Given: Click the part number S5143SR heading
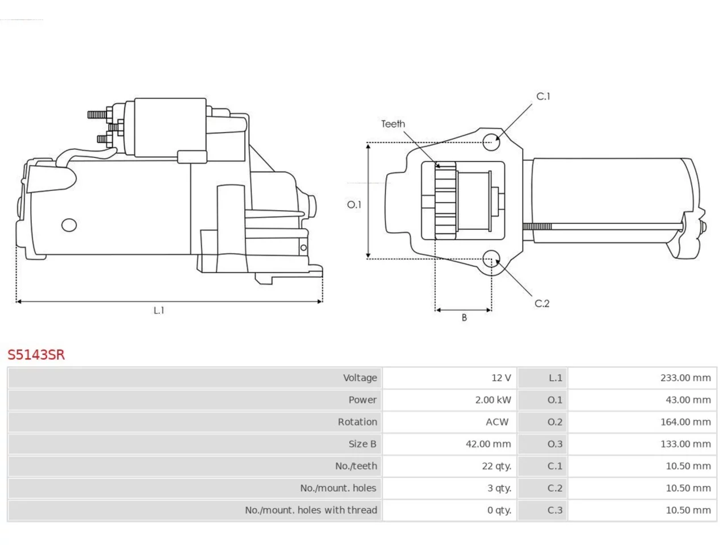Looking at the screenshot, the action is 36,354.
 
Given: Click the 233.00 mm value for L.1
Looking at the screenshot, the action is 686,378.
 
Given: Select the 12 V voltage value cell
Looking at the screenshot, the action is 449,378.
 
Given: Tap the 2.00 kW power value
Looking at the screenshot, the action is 493,400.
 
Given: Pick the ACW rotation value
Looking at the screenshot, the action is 497,422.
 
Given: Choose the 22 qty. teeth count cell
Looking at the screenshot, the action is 449,466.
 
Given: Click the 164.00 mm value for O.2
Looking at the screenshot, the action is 686,422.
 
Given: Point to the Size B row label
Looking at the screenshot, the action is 362,444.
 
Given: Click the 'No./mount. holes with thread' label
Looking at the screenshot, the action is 311,510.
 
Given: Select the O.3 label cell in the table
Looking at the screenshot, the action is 542,444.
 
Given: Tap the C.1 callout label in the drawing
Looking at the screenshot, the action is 543,97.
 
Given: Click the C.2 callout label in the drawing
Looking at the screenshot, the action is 542,303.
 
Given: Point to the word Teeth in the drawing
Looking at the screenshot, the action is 393,124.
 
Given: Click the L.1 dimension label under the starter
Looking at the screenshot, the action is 158,311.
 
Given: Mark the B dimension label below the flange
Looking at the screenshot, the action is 464,318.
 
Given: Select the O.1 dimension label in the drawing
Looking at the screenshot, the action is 354,205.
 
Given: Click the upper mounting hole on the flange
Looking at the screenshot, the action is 491,142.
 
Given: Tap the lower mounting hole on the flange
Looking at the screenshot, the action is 491,259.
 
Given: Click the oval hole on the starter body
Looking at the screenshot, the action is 69,225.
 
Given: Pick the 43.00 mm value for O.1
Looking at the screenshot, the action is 688,400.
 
